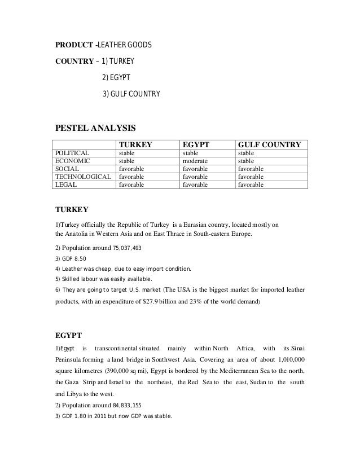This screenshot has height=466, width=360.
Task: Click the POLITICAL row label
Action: pos(72,153)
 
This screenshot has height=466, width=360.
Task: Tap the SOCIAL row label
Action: pos(67,169)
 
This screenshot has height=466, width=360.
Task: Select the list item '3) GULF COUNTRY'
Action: pos(131,93)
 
